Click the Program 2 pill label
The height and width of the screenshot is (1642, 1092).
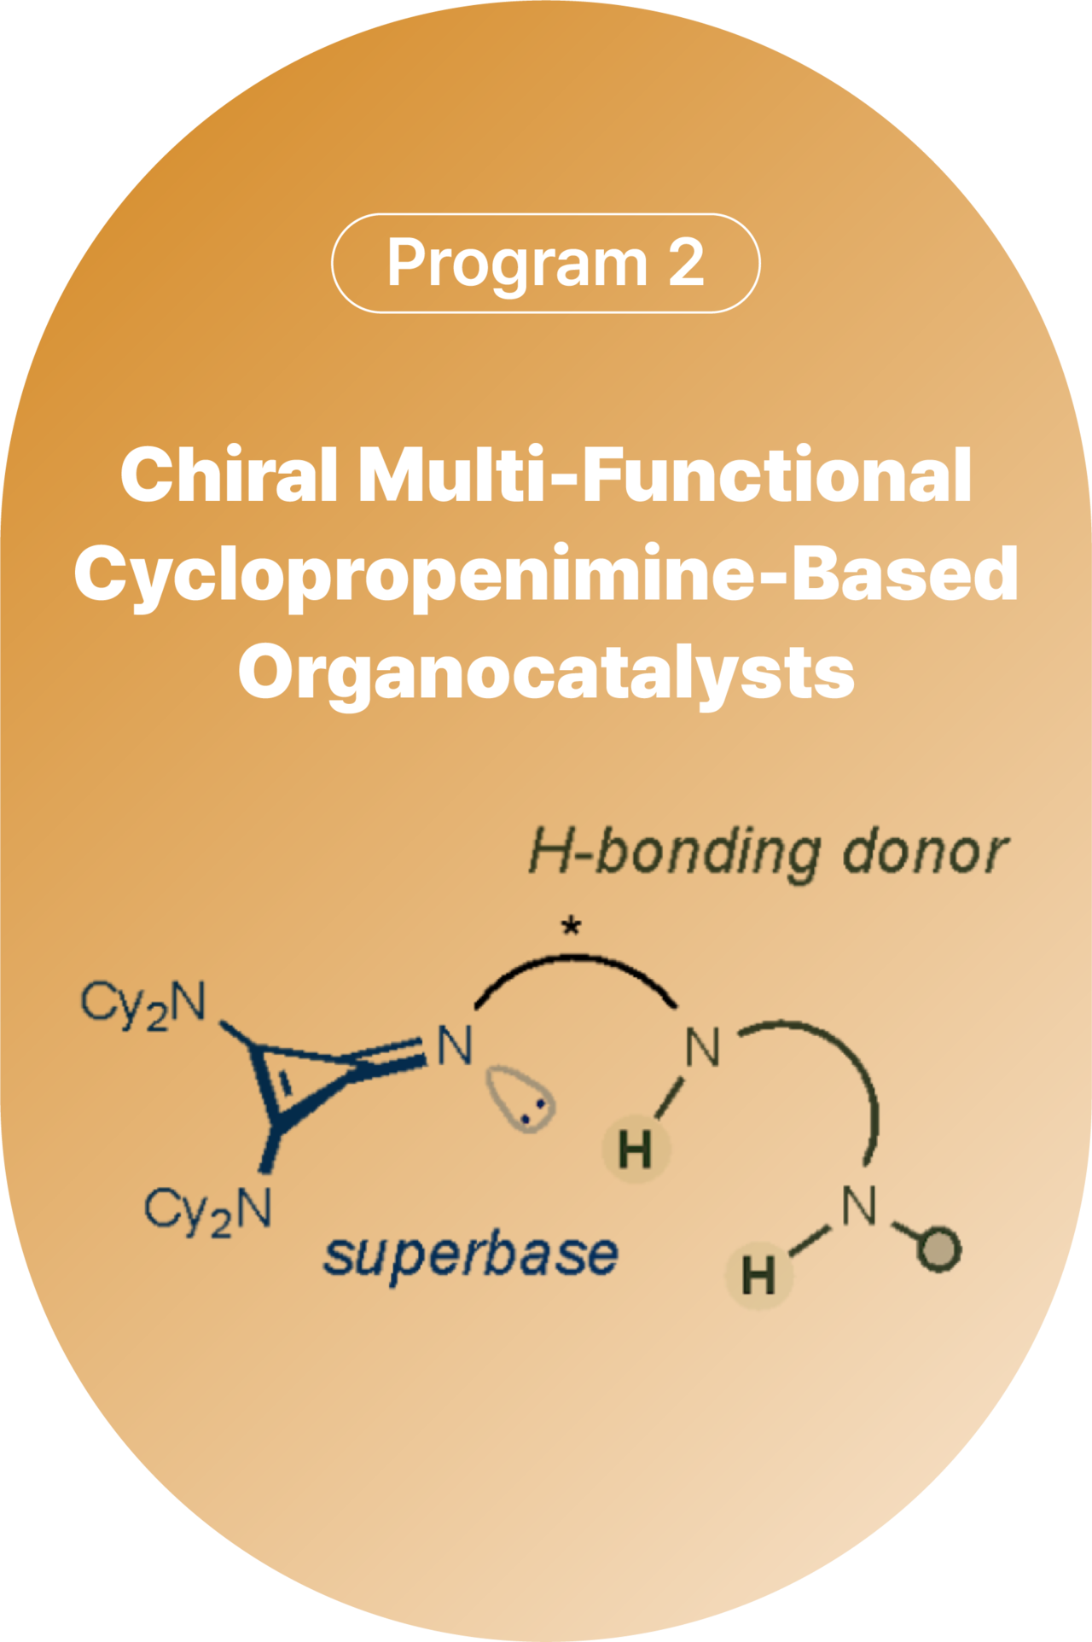click(545, 263)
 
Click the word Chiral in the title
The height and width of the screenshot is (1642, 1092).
click(229, 475)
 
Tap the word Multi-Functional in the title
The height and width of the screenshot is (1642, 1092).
click(665, 475)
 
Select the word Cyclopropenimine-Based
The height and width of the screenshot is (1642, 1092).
click(546, 574)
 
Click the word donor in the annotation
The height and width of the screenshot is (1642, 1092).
click(925, 852)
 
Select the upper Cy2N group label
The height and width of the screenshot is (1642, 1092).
click(144, 1003)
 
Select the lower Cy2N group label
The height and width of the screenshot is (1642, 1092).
click(208, 1210)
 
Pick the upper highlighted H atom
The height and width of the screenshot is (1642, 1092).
click(636, 1150)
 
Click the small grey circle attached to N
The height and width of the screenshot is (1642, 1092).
click(939, 1250)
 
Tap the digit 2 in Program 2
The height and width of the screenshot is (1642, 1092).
click(686, 263)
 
